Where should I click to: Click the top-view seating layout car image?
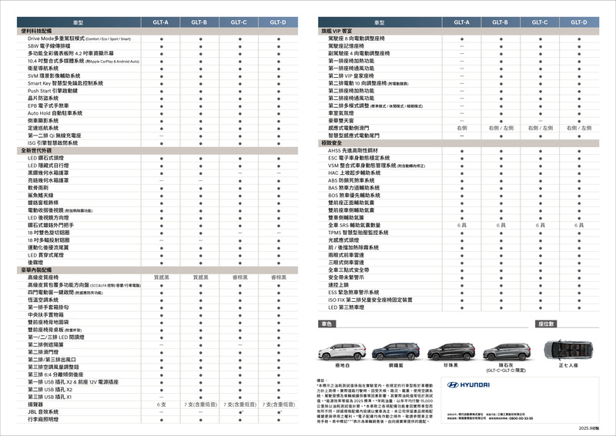(x=571, y=351)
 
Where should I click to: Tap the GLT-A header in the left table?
(x=161, y=23)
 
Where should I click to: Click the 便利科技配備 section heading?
(x=35, y=31)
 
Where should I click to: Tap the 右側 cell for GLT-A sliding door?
(x=461, y=127)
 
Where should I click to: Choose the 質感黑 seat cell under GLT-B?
(x=200, y=277)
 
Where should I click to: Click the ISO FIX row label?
(x=370, y=300)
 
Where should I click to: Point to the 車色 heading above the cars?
(x=327, y=324)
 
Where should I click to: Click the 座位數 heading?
(x=546, y=324)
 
